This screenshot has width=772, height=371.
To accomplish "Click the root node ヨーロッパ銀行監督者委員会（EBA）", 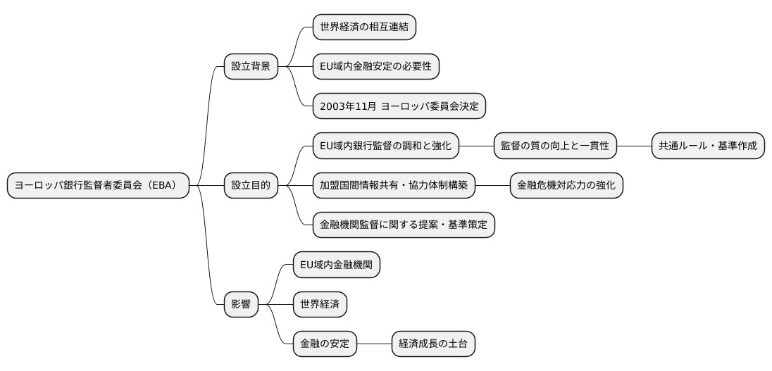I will (x=98, y=186).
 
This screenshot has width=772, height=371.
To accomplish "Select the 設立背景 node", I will (x=251, y=67).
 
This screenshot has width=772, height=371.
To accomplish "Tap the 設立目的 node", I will (x=251, y=186).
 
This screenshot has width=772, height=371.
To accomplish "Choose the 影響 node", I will (x=241, y=305).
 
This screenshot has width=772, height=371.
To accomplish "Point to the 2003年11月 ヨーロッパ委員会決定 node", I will (x=399, y=106).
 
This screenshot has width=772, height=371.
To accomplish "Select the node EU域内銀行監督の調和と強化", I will (x=386, y=146).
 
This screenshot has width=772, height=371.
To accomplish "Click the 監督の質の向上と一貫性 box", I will (x=555, y=146).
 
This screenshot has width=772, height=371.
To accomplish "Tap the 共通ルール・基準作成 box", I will (x=708, y=146).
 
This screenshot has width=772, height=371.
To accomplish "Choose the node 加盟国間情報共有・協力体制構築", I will (x=394, y=186).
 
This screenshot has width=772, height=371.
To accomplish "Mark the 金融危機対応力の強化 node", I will (x=566, y=186).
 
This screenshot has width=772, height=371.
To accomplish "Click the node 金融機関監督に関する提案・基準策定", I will (x=404, y=225).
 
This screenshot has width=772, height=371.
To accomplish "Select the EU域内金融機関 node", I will (x=337, y=265).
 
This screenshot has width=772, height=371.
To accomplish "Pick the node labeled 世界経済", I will (x=320, y=305).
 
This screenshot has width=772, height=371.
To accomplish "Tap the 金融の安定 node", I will (x=325, y=344).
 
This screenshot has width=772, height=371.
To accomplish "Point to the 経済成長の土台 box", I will (x=433, y=344).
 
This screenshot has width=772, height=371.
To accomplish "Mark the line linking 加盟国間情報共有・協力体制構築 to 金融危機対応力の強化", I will (x=492, y=186).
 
